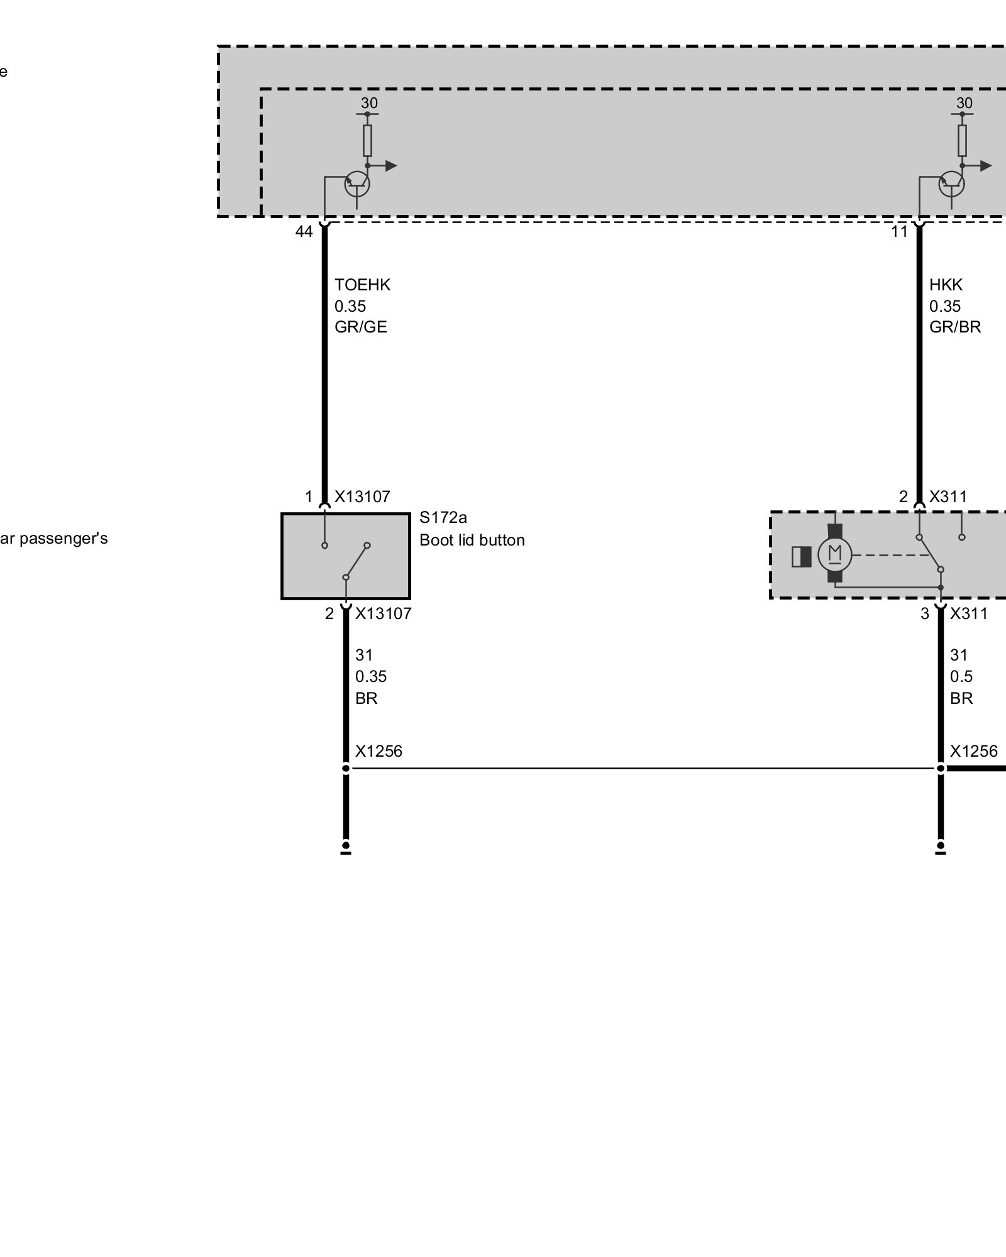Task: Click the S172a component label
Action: (443, 518)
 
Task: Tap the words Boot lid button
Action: (472, 541)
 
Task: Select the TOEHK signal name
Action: (362, 285)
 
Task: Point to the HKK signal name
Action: (946, 285)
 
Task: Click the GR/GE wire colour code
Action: (360, 327)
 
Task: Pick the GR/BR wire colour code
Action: (954, 327)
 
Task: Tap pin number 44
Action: (304, 232)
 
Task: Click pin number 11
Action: (899, 232)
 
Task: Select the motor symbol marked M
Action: (834, 554)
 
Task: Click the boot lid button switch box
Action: (345, 556)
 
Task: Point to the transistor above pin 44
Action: (357, 184)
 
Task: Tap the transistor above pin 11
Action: (951, 184)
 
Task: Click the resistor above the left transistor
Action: (367, 140)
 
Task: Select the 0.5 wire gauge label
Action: (961, 677)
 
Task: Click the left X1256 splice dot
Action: (346, 768)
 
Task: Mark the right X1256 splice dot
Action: (941, 768)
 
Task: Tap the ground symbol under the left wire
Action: (346, 848)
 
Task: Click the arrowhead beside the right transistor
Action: (986, 166)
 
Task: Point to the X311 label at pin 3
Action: (968, 614)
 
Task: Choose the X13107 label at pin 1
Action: (362, 497)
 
